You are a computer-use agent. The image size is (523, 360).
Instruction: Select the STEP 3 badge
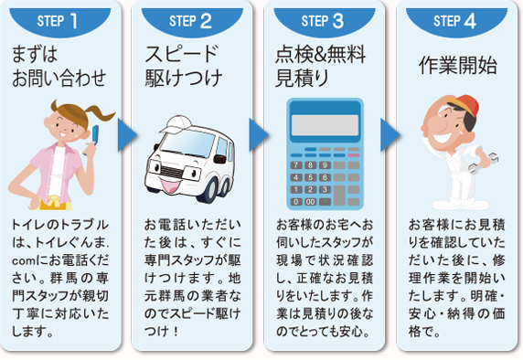pyautogui.click(x=327, y=17)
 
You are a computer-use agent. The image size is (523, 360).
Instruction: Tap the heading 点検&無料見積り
pyautogui.click(x=318, y=65)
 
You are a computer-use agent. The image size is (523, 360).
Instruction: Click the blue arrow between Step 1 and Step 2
pyautogui.click(x=127, y=134)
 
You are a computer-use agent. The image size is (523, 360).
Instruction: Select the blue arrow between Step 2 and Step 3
pyautogui.click(x=259, y=134)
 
